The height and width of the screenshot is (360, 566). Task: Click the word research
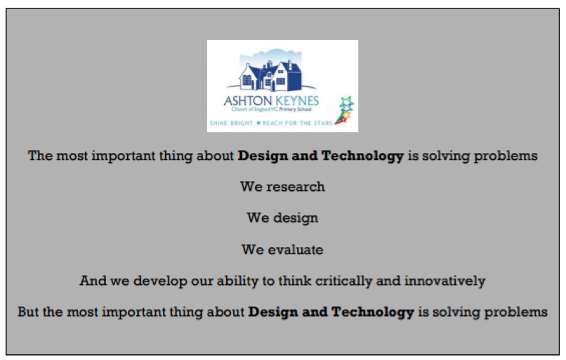(x=296, y=187)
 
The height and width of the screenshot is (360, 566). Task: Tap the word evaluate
(x=296, y=250)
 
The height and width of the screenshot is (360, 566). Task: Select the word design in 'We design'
(x=296, y=219)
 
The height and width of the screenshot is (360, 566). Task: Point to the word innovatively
(x=445, y=281)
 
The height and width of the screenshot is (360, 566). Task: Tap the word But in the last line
(x=28, y=312)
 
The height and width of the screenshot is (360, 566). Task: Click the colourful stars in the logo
(x=345, y=110)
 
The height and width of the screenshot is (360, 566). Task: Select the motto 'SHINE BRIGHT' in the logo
(x=231, y=124)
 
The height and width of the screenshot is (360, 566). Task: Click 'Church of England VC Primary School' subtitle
(x=272, y=109)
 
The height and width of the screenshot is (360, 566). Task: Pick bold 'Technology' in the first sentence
(x=362, y=156)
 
